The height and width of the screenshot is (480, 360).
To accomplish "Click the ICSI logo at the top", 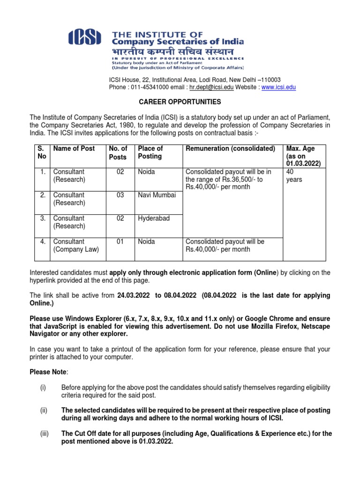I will [85, 37].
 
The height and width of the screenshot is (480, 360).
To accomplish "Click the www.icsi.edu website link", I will [278, 87].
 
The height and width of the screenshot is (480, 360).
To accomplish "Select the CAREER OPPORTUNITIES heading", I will [179, 102].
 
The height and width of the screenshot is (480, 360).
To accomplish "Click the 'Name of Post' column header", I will [74, 149].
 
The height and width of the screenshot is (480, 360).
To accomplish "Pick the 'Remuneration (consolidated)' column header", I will [230, 149].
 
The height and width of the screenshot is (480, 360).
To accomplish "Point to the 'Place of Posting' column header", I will [150, 152].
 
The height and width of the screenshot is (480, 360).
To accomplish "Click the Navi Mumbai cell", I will [157, 195].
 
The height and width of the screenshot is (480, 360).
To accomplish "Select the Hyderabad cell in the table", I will [153, 218].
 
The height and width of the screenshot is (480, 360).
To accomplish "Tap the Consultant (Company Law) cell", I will [76, 246].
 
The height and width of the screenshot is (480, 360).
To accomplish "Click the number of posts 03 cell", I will [120, 195].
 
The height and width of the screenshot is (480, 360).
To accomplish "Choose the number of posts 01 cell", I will [120, 242].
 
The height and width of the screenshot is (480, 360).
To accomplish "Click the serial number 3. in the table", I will [43, 218].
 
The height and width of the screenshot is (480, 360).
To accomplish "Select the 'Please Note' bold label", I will [48, 372].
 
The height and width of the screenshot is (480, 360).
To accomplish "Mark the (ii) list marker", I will [44, 410].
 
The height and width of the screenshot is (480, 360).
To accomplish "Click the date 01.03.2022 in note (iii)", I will [156, 442].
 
